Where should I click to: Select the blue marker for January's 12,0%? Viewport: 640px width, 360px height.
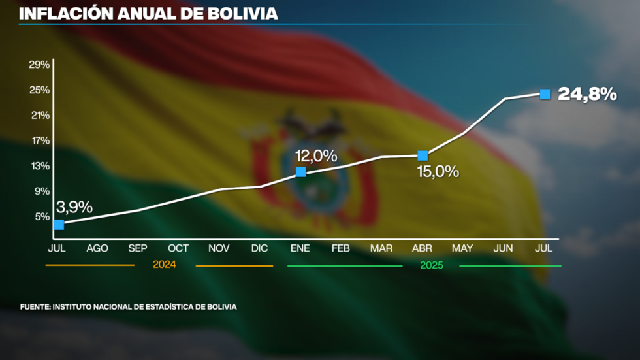point(301,172)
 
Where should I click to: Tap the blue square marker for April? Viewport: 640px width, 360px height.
point(423,155)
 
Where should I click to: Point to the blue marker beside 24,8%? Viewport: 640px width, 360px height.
point(545,93)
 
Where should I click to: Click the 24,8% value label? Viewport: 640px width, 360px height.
point(587,94)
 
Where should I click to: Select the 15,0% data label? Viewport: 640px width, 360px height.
point(438,172)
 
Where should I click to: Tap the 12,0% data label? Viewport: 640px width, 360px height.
point(316,156)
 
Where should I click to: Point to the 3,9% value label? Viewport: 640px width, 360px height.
point(74,207)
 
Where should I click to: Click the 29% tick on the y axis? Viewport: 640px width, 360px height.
point(39,64)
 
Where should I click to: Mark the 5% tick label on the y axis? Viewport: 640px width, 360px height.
point(42,216)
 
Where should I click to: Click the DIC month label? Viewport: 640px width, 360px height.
point(259,248)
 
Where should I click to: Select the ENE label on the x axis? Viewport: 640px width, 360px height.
point(300,248)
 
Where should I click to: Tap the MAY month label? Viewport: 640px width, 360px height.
point(462,248)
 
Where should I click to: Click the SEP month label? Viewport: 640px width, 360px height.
point(138,248)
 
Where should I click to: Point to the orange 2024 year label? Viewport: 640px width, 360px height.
point(165,265)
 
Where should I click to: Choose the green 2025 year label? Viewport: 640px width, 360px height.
point(431,265)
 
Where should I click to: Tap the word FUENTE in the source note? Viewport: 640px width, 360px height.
point(34,306)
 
